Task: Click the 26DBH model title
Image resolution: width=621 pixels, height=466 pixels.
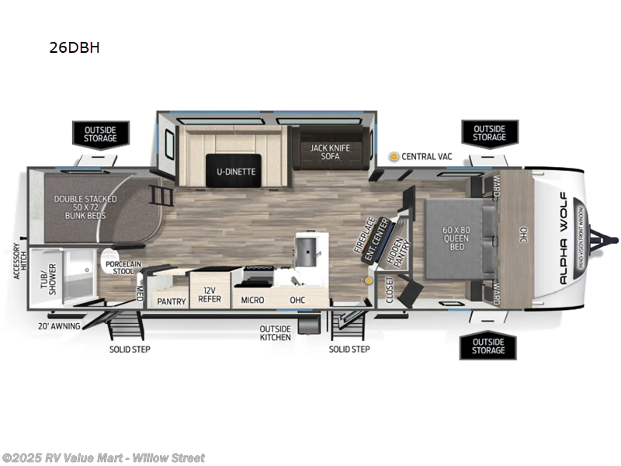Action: [75, 47]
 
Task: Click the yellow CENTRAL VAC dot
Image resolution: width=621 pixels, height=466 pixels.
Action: [394, 156]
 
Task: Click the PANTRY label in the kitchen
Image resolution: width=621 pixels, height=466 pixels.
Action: [172, 301]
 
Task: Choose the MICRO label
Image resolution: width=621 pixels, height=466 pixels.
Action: [252, 300]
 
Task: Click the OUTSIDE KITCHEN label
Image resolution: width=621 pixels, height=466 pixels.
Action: [276, 332]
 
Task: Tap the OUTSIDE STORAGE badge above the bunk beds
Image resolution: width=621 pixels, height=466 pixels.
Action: [100, 133]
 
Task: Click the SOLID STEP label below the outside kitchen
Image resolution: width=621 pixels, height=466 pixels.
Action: [349, 349]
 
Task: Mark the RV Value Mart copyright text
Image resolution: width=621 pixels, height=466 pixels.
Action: [103, 457]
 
